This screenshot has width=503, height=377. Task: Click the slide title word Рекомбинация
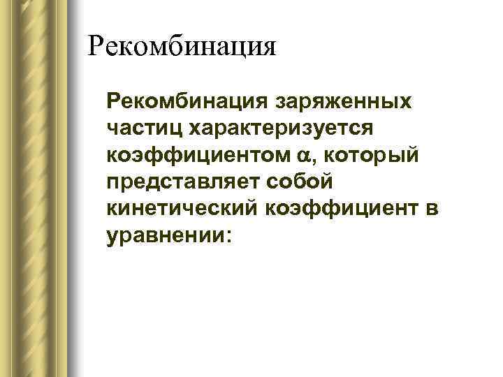click(x=182, y=47)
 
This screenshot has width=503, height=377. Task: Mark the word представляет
click(x=183, y=182)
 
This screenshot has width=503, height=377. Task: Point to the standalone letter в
click(x=431, y=208)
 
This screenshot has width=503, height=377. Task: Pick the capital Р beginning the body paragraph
click(x=114, y=103)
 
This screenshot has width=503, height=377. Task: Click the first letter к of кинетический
click(x=112, y=208)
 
